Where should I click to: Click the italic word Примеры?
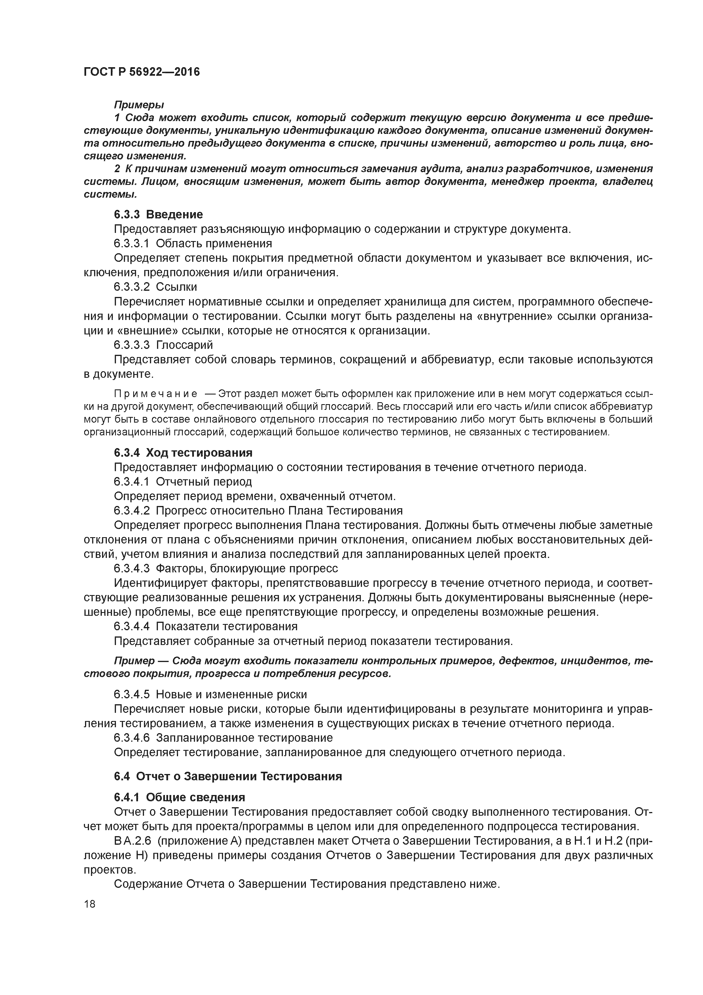coord(139,105)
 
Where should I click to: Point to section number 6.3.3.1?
coord(132,244)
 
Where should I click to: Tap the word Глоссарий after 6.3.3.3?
coord(185,345)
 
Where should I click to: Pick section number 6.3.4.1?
coord(132,481)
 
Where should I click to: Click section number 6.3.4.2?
coord(132,511)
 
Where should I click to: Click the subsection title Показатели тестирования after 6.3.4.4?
coord(226,626)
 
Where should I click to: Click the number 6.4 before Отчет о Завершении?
coord(122,776)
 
